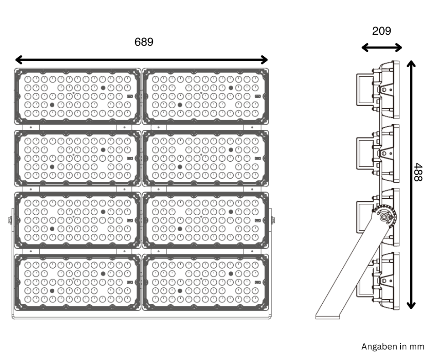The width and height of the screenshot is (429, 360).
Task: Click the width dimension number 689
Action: pos(144,42)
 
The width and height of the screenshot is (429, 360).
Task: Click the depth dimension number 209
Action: pos(382,31)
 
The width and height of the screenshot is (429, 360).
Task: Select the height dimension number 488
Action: pos(418,172)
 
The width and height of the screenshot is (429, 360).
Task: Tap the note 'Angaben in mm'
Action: pos(392,346)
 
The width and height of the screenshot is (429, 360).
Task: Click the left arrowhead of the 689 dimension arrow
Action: pos(18,59)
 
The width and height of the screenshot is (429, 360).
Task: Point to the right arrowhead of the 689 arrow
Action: pos(264,59)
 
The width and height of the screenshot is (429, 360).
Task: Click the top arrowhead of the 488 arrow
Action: pos(411,64)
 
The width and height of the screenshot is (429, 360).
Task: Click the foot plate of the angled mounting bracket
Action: pos(328,315)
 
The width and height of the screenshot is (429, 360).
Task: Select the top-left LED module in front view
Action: pos(78,96)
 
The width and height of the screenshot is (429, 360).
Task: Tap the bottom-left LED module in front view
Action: pos(78,281)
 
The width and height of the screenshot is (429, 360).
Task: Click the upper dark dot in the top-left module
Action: pos(103,87)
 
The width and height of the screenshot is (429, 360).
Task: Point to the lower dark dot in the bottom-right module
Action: pos(180,290)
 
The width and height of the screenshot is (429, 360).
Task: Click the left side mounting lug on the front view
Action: pos(10,220)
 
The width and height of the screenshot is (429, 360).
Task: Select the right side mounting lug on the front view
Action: pos(273,220)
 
